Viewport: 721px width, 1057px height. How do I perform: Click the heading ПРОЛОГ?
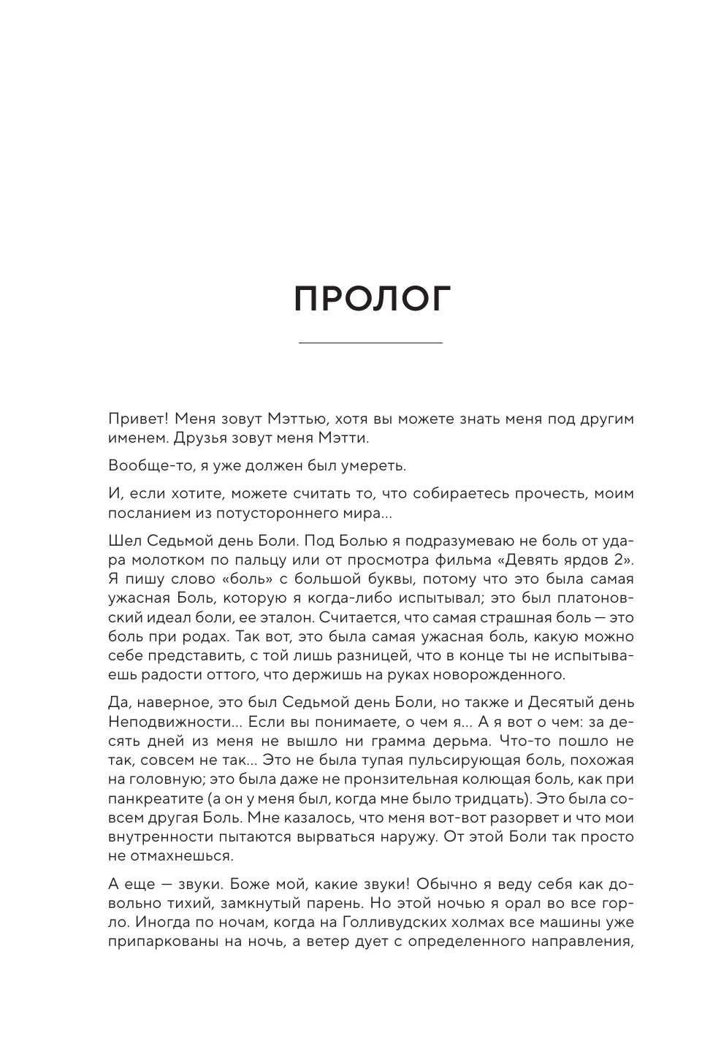372,299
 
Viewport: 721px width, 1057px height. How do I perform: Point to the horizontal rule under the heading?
371,343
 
